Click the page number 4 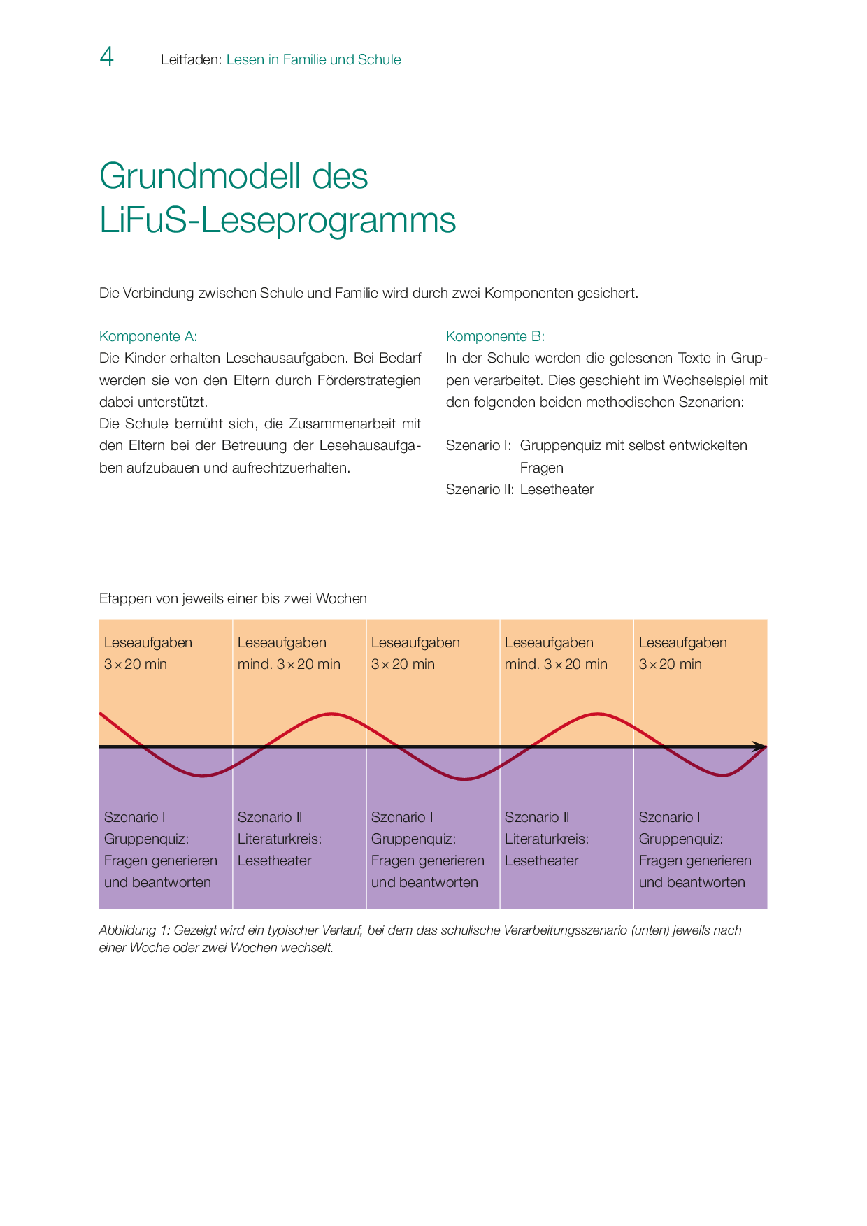[106, 57]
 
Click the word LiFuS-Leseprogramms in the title [278, 220]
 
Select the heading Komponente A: [148, 336]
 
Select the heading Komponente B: [495, 336]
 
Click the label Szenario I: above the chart [478, 445]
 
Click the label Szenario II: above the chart [480, 489]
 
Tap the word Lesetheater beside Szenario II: [557, 489]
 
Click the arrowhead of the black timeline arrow [759, 747]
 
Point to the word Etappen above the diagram [123, 598]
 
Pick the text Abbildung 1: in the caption [134, 930]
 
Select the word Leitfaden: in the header [191, 59]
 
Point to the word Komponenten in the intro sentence [529, 293]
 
